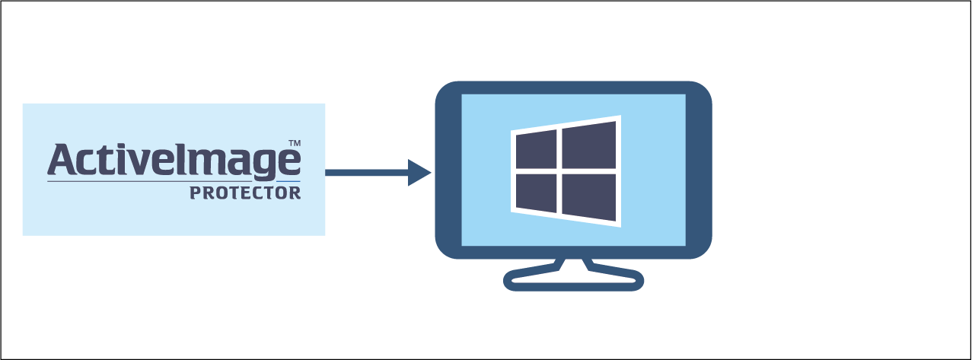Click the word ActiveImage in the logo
[174, 160]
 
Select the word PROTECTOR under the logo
[245, 193]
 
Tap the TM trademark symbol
[294, 143]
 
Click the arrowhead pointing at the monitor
[419, 173]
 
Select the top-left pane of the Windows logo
[537, 151]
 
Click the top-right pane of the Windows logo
[589, 145]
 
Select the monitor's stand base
[573, 282]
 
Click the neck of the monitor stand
[573, 263]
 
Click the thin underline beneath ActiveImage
[174, 182]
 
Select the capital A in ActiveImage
[61, 160]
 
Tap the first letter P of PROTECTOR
[195, 193]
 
